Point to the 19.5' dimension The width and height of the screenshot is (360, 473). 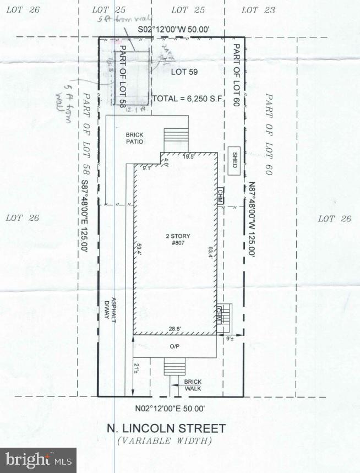189,156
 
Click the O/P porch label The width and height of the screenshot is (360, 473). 174,346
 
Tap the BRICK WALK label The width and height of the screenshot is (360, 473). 193,385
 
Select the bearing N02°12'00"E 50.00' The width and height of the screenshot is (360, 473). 170,409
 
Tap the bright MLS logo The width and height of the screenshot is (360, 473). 38,459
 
